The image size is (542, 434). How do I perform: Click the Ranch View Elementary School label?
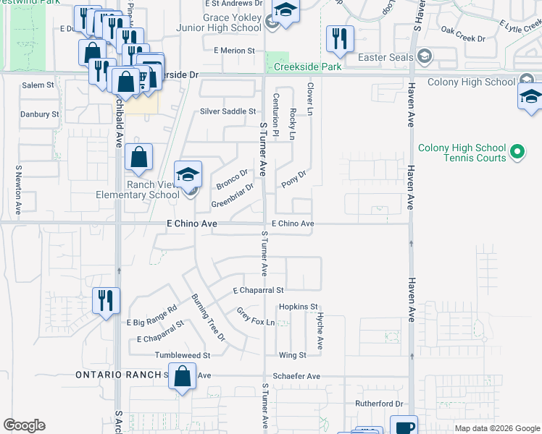tap(138, 190)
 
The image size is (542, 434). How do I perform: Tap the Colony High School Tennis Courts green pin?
tap(517, 153)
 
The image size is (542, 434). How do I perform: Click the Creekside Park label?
tap(307, 67)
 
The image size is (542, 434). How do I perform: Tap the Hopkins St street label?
tap(299, 307)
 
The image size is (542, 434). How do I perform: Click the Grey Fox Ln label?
tap(257, 317)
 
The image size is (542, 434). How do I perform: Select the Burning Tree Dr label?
tap(209, 318)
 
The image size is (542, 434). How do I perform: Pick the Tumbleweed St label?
tap(182, 356)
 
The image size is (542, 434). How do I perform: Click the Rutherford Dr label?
tap(378, 404)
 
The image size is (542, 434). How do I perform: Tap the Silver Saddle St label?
tap(228, 111)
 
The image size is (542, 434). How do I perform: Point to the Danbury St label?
tap(40, 114)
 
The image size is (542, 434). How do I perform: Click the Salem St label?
tap(38, 85)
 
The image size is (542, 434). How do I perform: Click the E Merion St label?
tap(235, 51)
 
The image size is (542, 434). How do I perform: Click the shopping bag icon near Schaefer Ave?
tap(183, 376)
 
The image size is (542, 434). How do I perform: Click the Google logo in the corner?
tap(24, 425)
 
